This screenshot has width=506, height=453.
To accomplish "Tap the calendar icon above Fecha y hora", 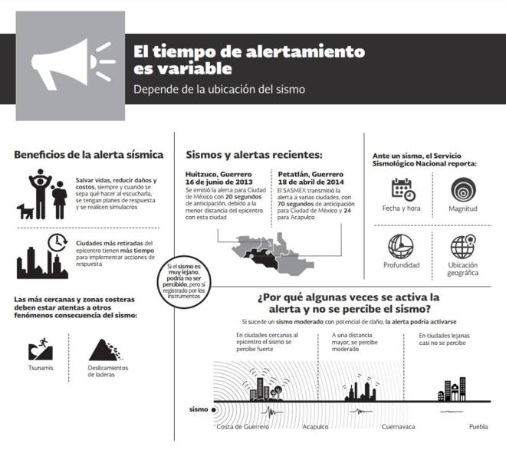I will (402, 188).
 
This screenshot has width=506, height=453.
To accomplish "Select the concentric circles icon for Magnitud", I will (463, 188).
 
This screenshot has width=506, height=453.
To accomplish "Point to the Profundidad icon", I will (402, 245).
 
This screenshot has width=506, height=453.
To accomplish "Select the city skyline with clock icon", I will (42, 255).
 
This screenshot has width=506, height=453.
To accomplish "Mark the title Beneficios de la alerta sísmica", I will (88, 155).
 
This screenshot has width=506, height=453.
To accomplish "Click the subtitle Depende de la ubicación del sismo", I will (219, 89).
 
